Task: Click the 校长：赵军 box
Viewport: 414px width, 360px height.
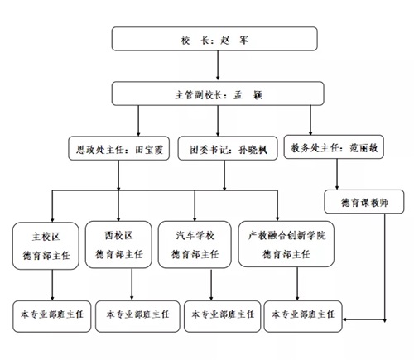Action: (x=214, y=39)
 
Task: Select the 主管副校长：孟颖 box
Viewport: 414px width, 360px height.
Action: (x=218, y=94)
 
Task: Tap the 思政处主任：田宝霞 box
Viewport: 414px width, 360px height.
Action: (x=118, y=148)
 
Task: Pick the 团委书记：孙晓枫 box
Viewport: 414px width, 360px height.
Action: (x=228, y=148)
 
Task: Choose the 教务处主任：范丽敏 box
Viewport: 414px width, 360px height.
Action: (x=334, y=147)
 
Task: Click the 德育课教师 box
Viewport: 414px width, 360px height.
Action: (x=364, y=202)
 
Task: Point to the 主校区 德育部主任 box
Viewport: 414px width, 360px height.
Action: (x=46, y=246)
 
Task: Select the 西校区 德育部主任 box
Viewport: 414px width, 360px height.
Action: (x=118, y=245)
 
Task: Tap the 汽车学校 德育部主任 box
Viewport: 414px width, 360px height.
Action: (x=195, y=245)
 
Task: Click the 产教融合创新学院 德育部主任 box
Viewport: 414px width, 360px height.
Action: (x=286, y=244)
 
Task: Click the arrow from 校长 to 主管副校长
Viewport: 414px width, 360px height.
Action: (x=218, y=65)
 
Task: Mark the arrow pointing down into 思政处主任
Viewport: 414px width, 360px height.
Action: (x=138, y=121)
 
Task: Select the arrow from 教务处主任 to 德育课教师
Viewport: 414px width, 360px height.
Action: (x=337, y=174)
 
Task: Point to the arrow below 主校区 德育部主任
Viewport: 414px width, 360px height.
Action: (x=52, y=285)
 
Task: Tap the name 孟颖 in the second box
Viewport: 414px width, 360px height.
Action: (x=248, y=95)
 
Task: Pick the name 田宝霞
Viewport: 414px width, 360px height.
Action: (x=149, y=150)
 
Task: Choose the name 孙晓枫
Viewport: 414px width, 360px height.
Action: (x=253, y=150)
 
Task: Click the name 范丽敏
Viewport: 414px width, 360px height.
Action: (x=363, y=148)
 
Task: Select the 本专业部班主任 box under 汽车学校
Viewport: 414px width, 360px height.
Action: (x=222, y=316)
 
